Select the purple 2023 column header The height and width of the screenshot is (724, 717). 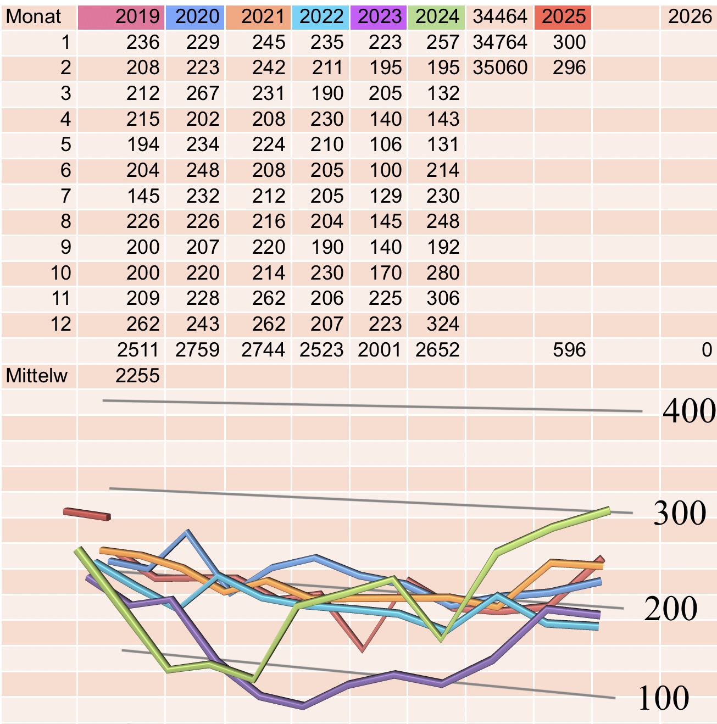click(380, 16)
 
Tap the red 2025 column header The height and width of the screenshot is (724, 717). click(564, 16)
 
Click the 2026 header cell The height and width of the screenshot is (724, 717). click(690, 16)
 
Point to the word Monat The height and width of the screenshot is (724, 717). click(34, 16)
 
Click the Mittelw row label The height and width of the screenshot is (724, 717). click(36, 376)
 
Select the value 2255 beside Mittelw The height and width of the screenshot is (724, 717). click(137, 376)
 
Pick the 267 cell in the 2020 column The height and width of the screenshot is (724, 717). click(203, 93)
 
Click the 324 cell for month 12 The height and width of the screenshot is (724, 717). click(443, 324)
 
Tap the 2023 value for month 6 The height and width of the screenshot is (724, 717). click(385, 170)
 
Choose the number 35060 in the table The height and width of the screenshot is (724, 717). click(500, 68)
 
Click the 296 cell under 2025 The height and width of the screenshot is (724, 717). click(569, 68)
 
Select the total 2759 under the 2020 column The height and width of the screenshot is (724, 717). click(197, 350)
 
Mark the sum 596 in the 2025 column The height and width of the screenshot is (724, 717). click(569, 350)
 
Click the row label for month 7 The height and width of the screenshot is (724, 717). click(65, 196)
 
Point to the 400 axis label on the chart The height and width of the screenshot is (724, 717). click(689, 411)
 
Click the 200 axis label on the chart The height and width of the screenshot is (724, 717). click(670, 609)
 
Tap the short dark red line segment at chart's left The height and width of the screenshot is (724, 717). click(87, 514)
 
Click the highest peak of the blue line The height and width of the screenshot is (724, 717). click(187, 532)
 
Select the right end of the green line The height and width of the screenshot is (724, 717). click(609, 511)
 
